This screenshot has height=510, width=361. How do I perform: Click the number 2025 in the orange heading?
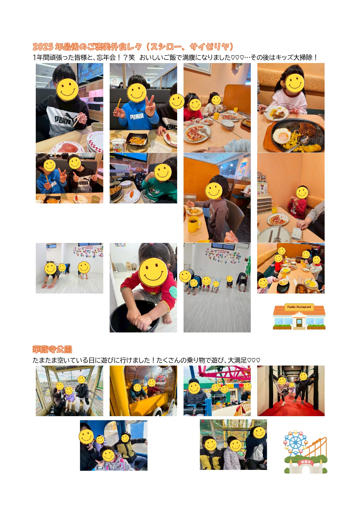tap(43, 47)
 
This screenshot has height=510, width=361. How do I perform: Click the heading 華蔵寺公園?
tap(52, 349)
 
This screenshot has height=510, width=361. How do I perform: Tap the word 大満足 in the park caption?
tap(237, 360)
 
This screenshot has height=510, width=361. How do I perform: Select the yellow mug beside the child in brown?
tap(194, 224)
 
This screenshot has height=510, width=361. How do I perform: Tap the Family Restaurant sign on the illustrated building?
tap(299, 307)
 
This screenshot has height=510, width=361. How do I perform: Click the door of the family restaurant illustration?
tap(299, 323)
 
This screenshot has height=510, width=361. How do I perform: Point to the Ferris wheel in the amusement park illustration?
tap(295, 443)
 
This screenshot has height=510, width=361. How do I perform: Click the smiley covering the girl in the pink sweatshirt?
tap(295, 83)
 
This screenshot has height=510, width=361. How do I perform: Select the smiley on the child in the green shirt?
tap(163, 172)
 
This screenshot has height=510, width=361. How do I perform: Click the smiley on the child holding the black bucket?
tap(153, 272)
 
